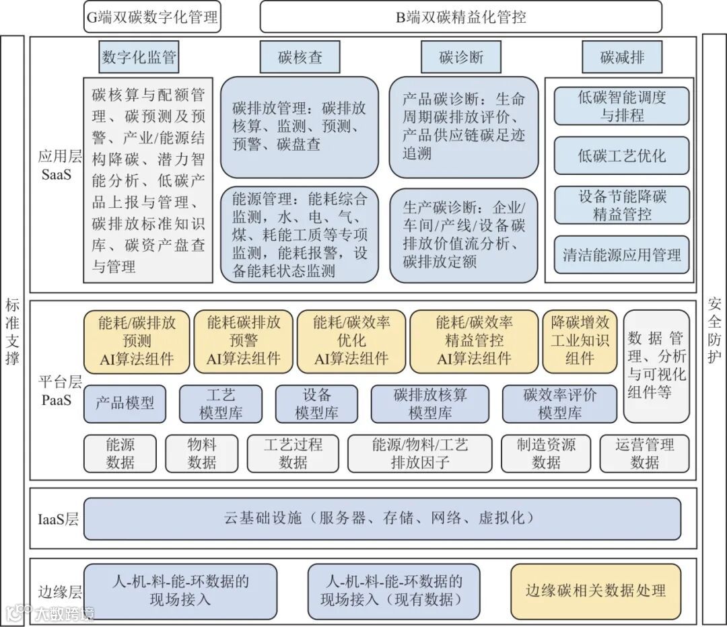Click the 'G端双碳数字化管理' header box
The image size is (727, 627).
coord(153,17)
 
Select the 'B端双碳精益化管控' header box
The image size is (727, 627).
coord(461,17)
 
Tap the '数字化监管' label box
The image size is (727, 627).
coord(139,57)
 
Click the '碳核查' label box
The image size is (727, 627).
coord(300,57)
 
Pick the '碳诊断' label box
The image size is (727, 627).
coord(461,57)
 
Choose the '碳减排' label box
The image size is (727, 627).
coord(622,57)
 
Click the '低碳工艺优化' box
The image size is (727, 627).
coord(622,156)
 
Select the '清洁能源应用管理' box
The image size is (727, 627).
coord(622,255)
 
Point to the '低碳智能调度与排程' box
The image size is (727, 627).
coord(622,106)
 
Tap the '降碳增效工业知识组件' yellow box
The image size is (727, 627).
coord(580,340)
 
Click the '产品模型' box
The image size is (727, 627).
coord(125,403)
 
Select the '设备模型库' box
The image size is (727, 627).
coord(316,404)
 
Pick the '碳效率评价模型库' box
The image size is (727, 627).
coord(559,404)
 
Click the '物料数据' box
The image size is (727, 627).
coord(202,453)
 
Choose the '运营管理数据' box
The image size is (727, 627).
coord(644,453)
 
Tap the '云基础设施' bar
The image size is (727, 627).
coord(382,518)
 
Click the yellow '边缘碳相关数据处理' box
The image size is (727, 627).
coord(596,591)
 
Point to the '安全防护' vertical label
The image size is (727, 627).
coord(714,330)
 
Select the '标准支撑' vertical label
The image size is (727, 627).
coord(12,330)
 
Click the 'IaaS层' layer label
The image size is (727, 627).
coord(58,519)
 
